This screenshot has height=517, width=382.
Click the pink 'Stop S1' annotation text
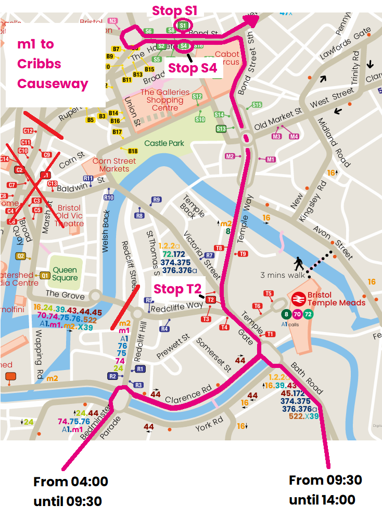[174, 10]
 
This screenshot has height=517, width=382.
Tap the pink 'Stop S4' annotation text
[192, 68]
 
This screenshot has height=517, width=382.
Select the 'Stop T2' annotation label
[177, 289]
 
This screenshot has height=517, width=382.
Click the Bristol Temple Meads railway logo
[298, 299]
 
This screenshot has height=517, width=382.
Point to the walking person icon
[298, 263]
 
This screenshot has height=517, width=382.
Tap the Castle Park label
[164, 143]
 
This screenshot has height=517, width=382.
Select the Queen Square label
[65, 274]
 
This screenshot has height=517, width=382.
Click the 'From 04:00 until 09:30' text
[70, 491]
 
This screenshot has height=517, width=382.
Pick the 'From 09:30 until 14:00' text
[325, 489]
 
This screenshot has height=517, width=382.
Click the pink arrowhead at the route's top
[252, 20]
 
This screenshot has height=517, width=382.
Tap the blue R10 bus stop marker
[109, 198]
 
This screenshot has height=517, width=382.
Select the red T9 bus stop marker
[243, 254]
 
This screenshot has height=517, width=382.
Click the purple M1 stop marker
[270, 159]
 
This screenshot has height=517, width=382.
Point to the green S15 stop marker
[257, 105]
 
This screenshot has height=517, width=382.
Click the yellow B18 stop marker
[133, 151]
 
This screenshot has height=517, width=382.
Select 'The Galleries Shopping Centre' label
[165, 100]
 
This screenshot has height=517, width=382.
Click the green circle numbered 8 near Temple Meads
[286, 314]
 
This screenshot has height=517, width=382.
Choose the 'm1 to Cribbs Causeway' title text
[53, 64]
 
